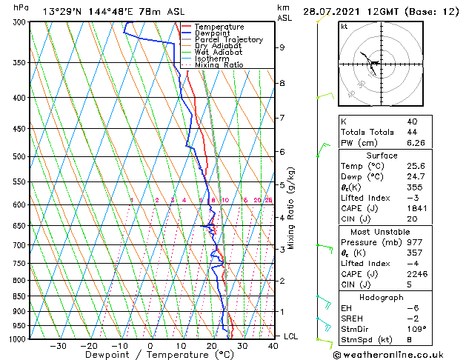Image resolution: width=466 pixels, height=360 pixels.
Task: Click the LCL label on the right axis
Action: click(x=292, y=336)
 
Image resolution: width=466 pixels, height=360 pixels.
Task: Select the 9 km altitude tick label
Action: click(x=282, y=47)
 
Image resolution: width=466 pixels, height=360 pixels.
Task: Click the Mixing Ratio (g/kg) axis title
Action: click(x=291, y=208)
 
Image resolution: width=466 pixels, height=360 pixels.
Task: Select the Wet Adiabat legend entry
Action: click(x=218, y=52)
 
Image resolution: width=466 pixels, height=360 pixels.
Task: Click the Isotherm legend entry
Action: click(x=212, y=59)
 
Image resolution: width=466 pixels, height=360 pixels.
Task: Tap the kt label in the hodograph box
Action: click(x=344, y=26)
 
